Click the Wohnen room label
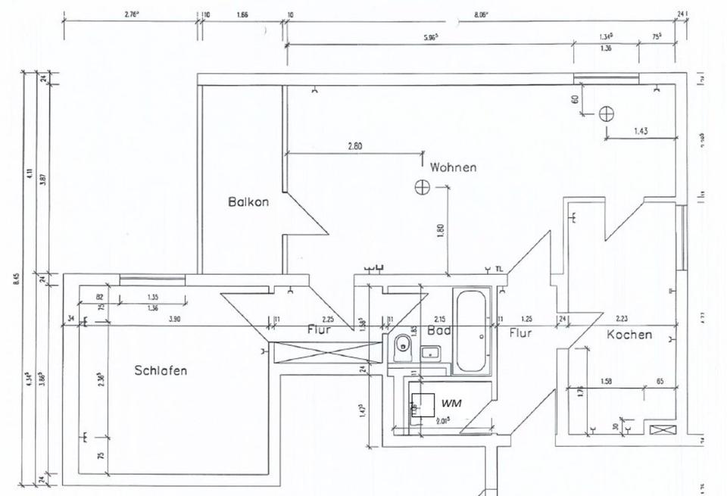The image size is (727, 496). pos(454,167)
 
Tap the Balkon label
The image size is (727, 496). pos(248,202)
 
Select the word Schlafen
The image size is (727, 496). pos(161,370)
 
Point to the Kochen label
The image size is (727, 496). pos(629,334)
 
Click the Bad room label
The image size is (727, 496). pos(439,331)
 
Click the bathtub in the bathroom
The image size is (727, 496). pos(473,331)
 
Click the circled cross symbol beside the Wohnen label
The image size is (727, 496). pos(422,186)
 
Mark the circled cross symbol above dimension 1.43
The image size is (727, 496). pos(606,114)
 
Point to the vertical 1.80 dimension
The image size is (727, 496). pos(441,230)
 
